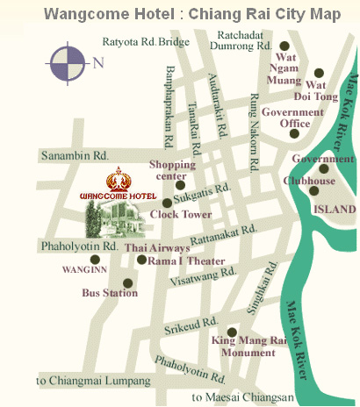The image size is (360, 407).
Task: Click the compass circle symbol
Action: pyautogui.click(x=68, y=62)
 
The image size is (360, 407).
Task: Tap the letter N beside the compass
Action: pyautogui.click(x=98, y=62)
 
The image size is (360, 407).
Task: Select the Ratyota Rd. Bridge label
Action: pyautogui.click(x=146, y=40)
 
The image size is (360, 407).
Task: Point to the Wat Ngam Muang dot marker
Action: pyautogui.click(x=284, y=46)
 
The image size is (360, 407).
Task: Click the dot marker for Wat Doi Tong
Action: pyautogui.click(x=320, y=73)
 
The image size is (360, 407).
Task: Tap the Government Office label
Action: pyautogui.click(x=292, y=118)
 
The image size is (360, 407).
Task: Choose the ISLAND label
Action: pyautogui.click(x=335, y=210)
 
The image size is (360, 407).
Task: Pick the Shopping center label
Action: pyautogui.click(x=172, y=169)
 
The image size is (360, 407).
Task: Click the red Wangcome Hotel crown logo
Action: pyautogui.click(x=117, y=180)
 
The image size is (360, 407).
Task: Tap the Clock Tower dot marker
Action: pyautogui.click(x=167, y=203)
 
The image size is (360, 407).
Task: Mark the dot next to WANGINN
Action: pyautogui.click(x=94, y=259)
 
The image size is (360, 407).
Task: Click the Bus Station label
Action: pyautogui.click(x=109, y=293)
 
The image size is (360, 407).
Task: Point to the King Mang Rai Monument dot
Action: pyautogui.click(x=232, y=332)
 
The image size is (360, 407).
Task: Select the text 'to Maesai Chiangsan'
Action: pyautogui.click(x=242, y=397)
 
